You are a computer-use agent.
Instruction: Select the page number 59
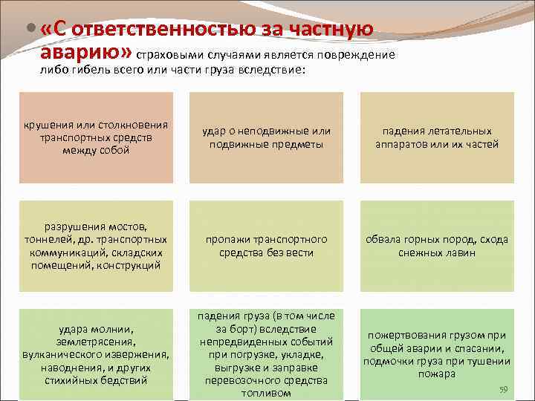[x=503, y=388]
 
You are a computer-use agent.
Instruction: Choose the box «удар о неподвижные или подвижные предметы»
[x=266, y=137]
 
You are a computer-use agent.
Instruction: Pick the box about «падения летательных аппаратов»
[x=437, y=137]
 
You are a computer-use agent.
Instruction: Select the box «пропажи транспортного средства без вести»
[x=266, y=246]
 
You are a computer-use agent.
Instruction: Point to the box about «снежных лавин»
[x=437, y=246]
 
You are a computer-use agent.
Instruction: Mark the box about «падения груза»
[x=266, y=353]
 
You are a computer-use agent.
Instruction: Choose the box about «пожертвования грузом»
[x=437, y=353]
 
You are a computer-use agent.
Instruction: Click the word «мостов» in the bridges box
[x=128, y=226]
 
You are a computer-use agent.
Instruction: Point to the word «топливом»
[x=266, y=393]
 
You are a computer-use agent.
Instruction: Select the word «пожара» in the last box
[x=437, y=374]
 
